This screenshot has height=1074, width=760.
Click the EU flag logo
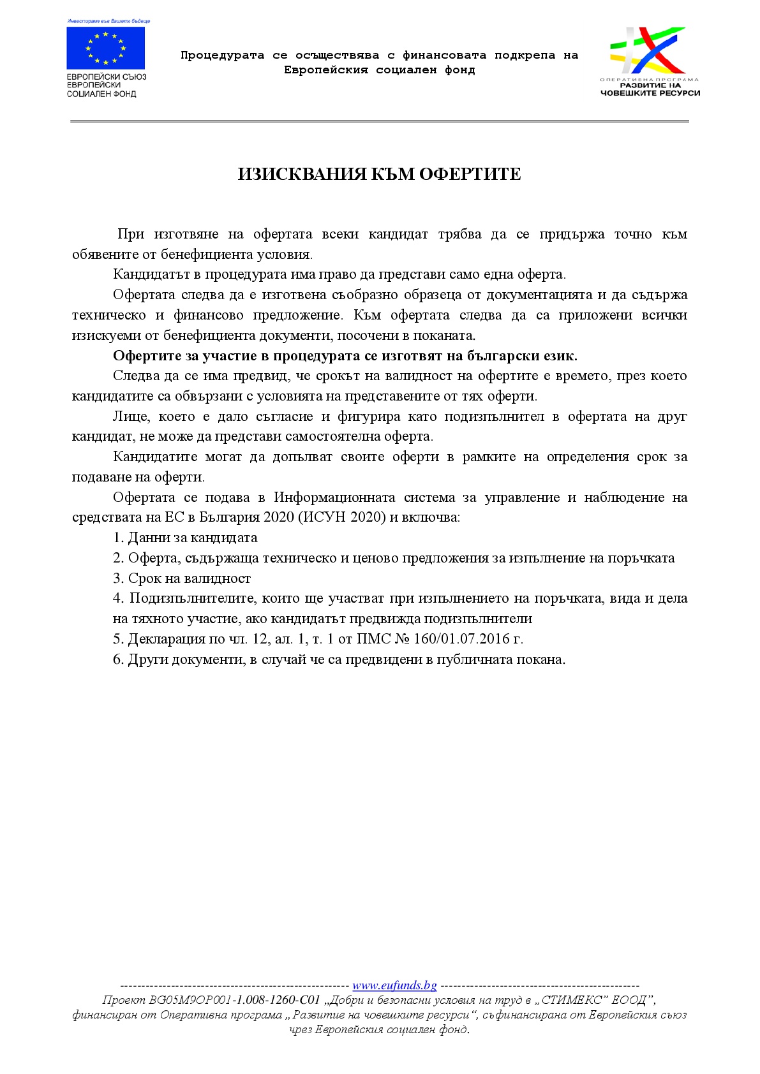pos(106,48)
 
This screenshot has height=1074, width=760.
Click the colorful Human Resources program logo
pos(648,51)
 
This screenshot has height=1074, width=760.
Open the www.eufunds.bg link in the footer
pos(394,985)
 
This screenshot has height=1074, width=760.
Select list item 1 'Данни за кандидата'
pos(192,538)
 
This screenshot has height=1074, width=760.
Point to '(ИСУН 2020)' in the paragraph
pos(341,517)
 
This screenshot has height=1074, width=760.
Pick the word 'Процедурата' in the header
pos(222,55)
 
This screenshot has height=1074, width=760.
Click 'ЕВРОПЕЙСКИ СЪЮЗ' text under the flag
pos(107,77)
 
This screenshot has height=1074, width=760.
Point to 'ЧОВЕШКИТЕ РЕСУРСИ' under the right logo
pos(650,93)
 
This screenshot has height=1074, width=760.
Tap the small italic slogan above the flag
pos(108,21)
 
